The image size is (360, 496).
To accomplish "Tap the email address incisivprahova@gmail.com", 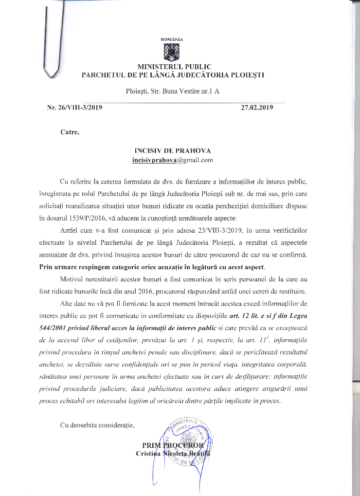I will [172, 160].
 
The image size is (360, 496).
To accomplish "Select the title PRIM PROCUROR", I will [174, 446].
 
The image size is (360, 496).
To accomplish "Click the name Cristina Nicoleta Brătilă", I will [173, 454].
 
